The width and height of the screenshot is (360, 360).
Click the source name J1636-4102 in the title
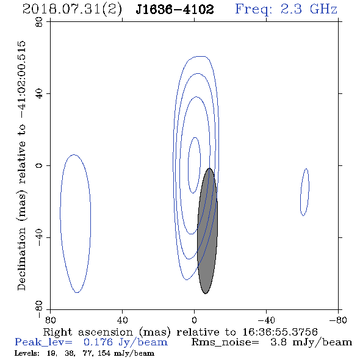click(175, 9)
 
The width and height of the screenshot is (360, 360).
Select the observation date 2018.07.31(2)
click(72, 10)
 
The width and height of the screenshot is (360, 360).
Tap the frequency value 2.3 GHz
click(309, 9)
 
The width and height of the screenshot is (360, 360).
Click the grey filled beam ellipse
click(207, 231)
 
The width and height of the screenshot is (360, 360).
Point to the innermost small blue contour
click(189, 165)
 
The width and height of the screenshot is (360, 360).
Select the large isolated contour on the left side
click(60, 224)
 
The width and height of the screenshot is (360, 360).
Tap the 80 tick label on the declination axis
click(39, 22)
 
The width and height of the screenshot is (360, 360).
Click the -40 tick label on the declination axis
click(39, 237)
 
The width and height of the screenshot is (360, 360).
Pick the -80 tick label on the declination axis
click(39, 309)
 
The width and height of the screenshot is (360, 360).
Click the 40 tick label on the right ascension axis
click(122, 320)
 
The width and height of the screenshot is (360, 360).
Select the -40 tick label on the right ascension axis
click(266, 320)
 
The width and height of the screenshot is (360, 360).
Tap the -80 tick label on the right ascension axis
click(338, 320)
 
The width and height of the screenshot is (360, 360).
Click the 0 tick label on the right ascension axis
click(194, 320)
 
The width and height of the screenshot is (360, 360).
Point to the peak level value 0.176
click(98, 342)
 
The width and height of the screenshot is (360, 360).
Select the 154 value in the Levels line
click(104, 353)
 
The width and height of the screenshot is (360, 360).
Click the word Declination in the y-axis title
click(21, 259)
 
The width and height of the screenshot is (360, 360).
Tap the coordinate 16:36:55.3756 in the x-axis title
click(280, 332)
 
